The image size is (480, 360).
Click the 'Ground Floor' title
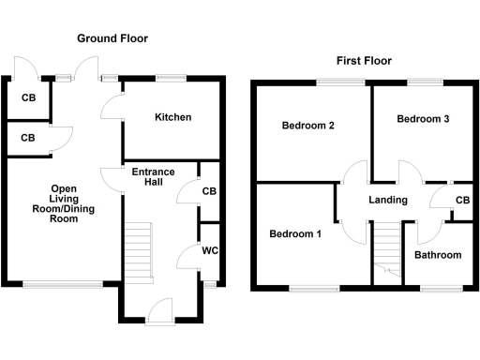click(112, 38)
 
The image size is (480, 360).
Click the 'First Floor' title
click(364, 61)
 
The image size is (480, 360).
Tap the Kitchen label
click(172, 117)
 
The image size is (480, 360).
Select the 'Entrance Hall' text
click(153, 177)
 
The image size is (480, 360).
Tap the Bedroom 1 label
click(295, 234)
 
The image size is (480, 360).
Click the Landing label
click(388, 200)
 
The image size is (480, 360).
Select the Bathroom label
click(438, 255)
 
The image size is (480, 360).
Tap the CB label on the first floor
click(462, 201)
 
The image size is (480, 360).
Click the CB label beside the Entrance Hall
click(209, 190)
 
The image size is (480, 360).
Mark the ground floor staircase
click(138, 247)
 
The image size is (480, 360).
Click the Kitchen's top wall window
click(170, 78)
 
